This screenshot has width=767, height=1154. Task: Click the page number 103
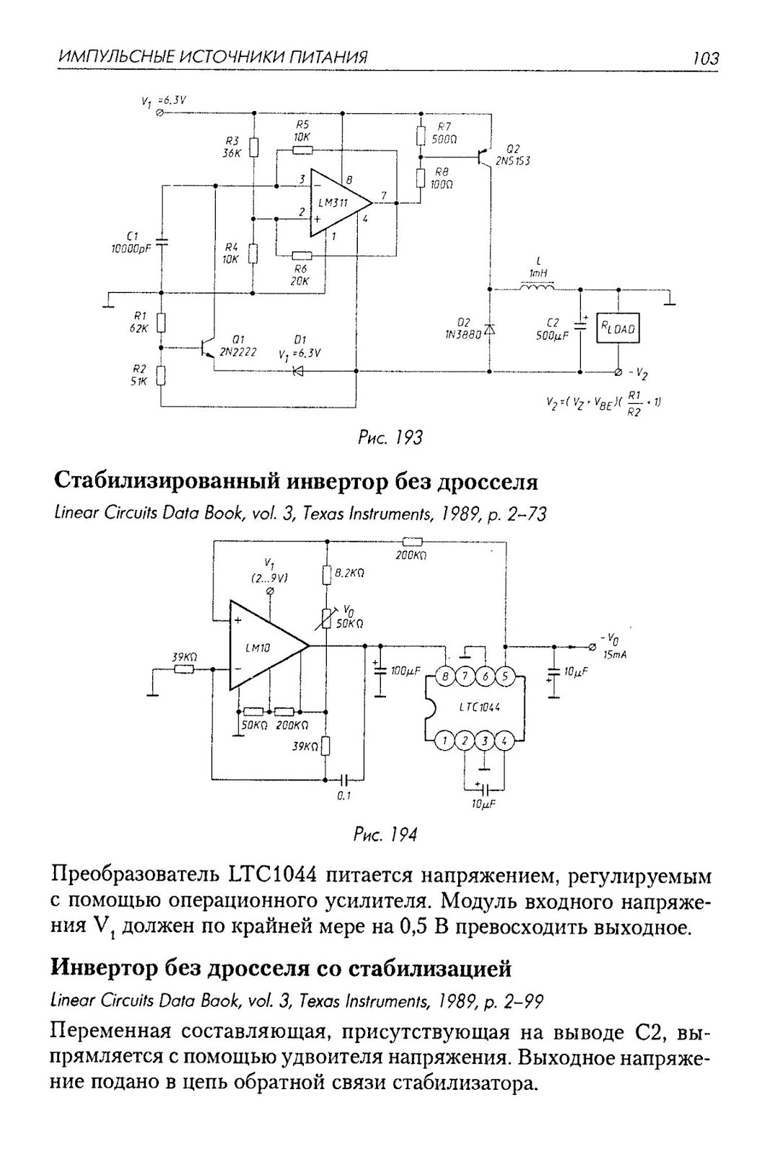pyautogui.click(x=705, y=58)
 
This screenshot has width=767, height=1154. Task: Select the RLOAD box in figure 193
pyautogui.click(x=618, y=329)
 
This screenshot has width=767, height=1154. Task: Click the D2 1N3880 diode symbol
pyautogui.click(x=489, y=330)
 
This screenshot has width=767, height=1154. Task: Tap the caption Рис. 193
pyautogui.click(x=390, y=437)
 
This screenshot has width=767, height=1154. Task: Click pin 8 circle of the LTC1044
pyautogui.click(x=446, y=677)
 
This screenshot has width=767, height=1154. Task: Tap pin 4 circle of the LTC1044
pyautogui.click(x=504, y=740)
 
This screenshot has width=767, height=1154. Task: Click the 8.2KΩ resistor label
pyautogui.click(x=350, y=573)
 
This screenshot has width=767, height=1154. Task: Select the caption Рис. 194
pyautogui.click(x=385, y=835)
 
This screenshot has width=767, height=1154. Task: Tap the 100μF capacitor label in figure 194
pyautogui.click(x=406, y=671)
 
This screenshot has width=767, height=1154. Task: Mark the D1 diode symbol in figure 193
pyautogui.click(x=297, y=372)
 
